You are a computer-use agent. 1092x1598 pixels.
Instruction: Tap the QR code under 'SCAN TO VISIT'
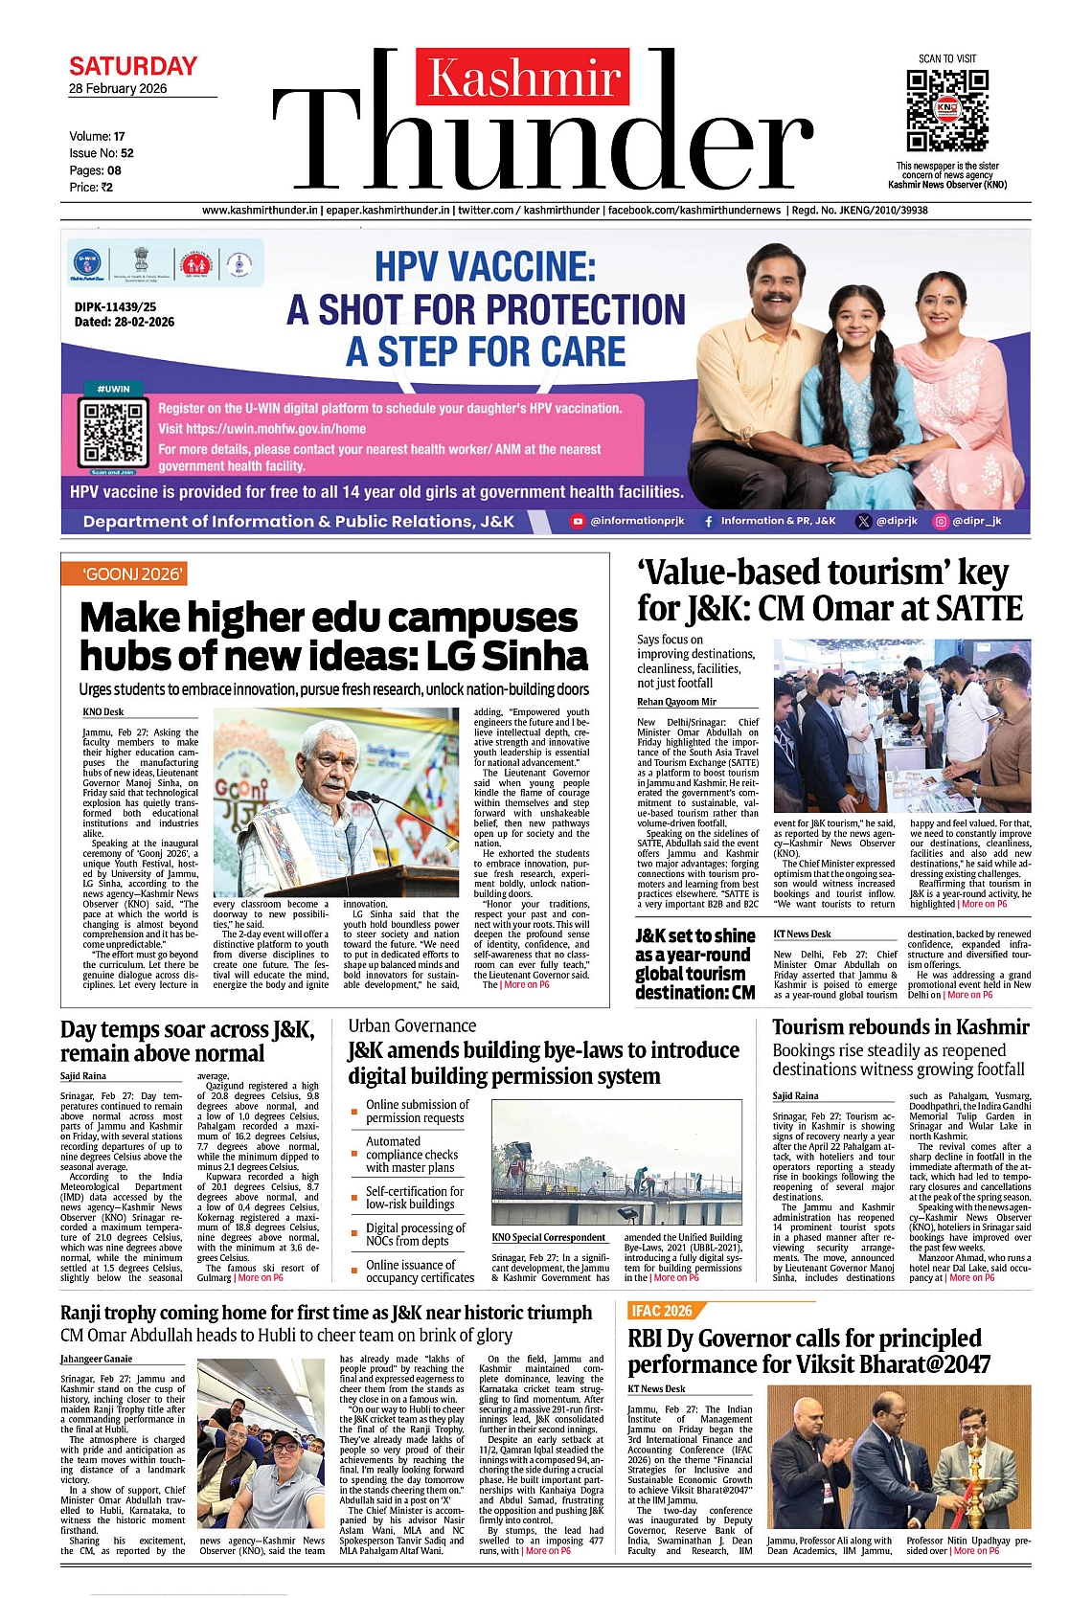[x=946, y=110]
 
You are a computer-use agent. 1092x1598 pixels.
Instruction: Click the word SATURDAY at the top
[x=133, y=67]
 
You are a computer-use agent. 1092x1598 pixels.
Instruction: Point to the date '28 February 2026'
[x=118, y=89]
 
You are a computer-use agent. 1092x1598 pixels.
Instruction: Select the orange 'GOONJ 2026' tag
[x=134, y=574]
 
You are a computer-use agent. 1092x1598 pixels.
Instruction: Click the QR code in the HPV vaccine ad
[x=113, y=434]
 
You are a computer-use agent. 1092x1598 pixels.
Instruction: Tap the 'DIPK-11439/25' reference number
[x=116, y=307]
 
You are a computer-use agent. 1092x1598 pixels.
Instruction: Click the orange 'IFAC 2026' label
[x=661, y=1311]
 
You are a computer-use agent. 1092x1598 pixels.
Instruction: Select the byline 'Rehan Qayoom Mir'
[x=676, y=702]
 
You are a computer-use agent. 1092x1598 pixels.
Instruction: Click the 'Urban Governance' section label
[x=412, y=1025]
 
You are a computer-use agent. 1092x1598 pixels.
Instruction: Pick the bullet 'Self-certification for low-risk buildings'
[x=415, y=1198]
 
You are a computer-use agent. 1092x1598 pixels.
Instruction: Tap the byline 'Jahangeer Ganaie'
[x=97, y=1359]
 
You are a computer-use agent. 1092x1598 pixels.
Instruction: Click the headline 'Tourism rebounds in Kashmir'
[x=900, y=1027]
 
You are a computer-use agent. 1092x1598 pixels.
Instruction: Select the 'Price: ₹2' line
[x=91, y=188]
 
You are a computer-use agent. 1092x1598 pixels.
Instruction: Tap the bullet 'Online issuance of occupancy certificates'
[x=420, y=1271]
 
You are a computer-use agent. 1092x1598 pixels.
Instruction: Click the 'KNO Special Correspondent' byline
[x=549, y=1238]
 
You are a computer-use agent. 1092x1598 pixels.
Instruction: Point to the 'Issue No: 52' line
[x=102, y=153]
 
